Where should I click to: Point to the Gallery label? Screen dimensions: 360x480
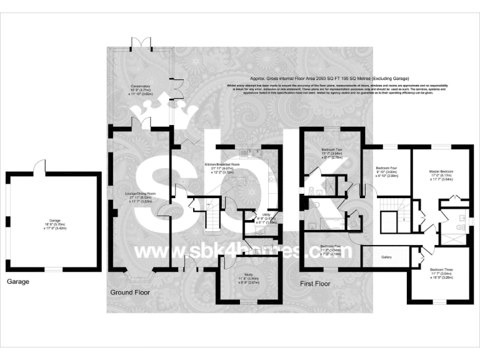pyautogui.click(x=387, y=256)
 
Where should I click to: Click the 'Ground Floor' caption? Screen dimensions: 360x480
pyautogui.click(x=131, y=292)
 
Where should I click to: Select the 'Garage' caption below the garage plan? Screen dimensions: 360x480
pyautogui.click(x=17, y=282)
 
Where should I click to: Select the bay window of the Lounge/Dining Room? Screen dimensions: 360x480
pyautogui.click(x=138, y=273)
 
